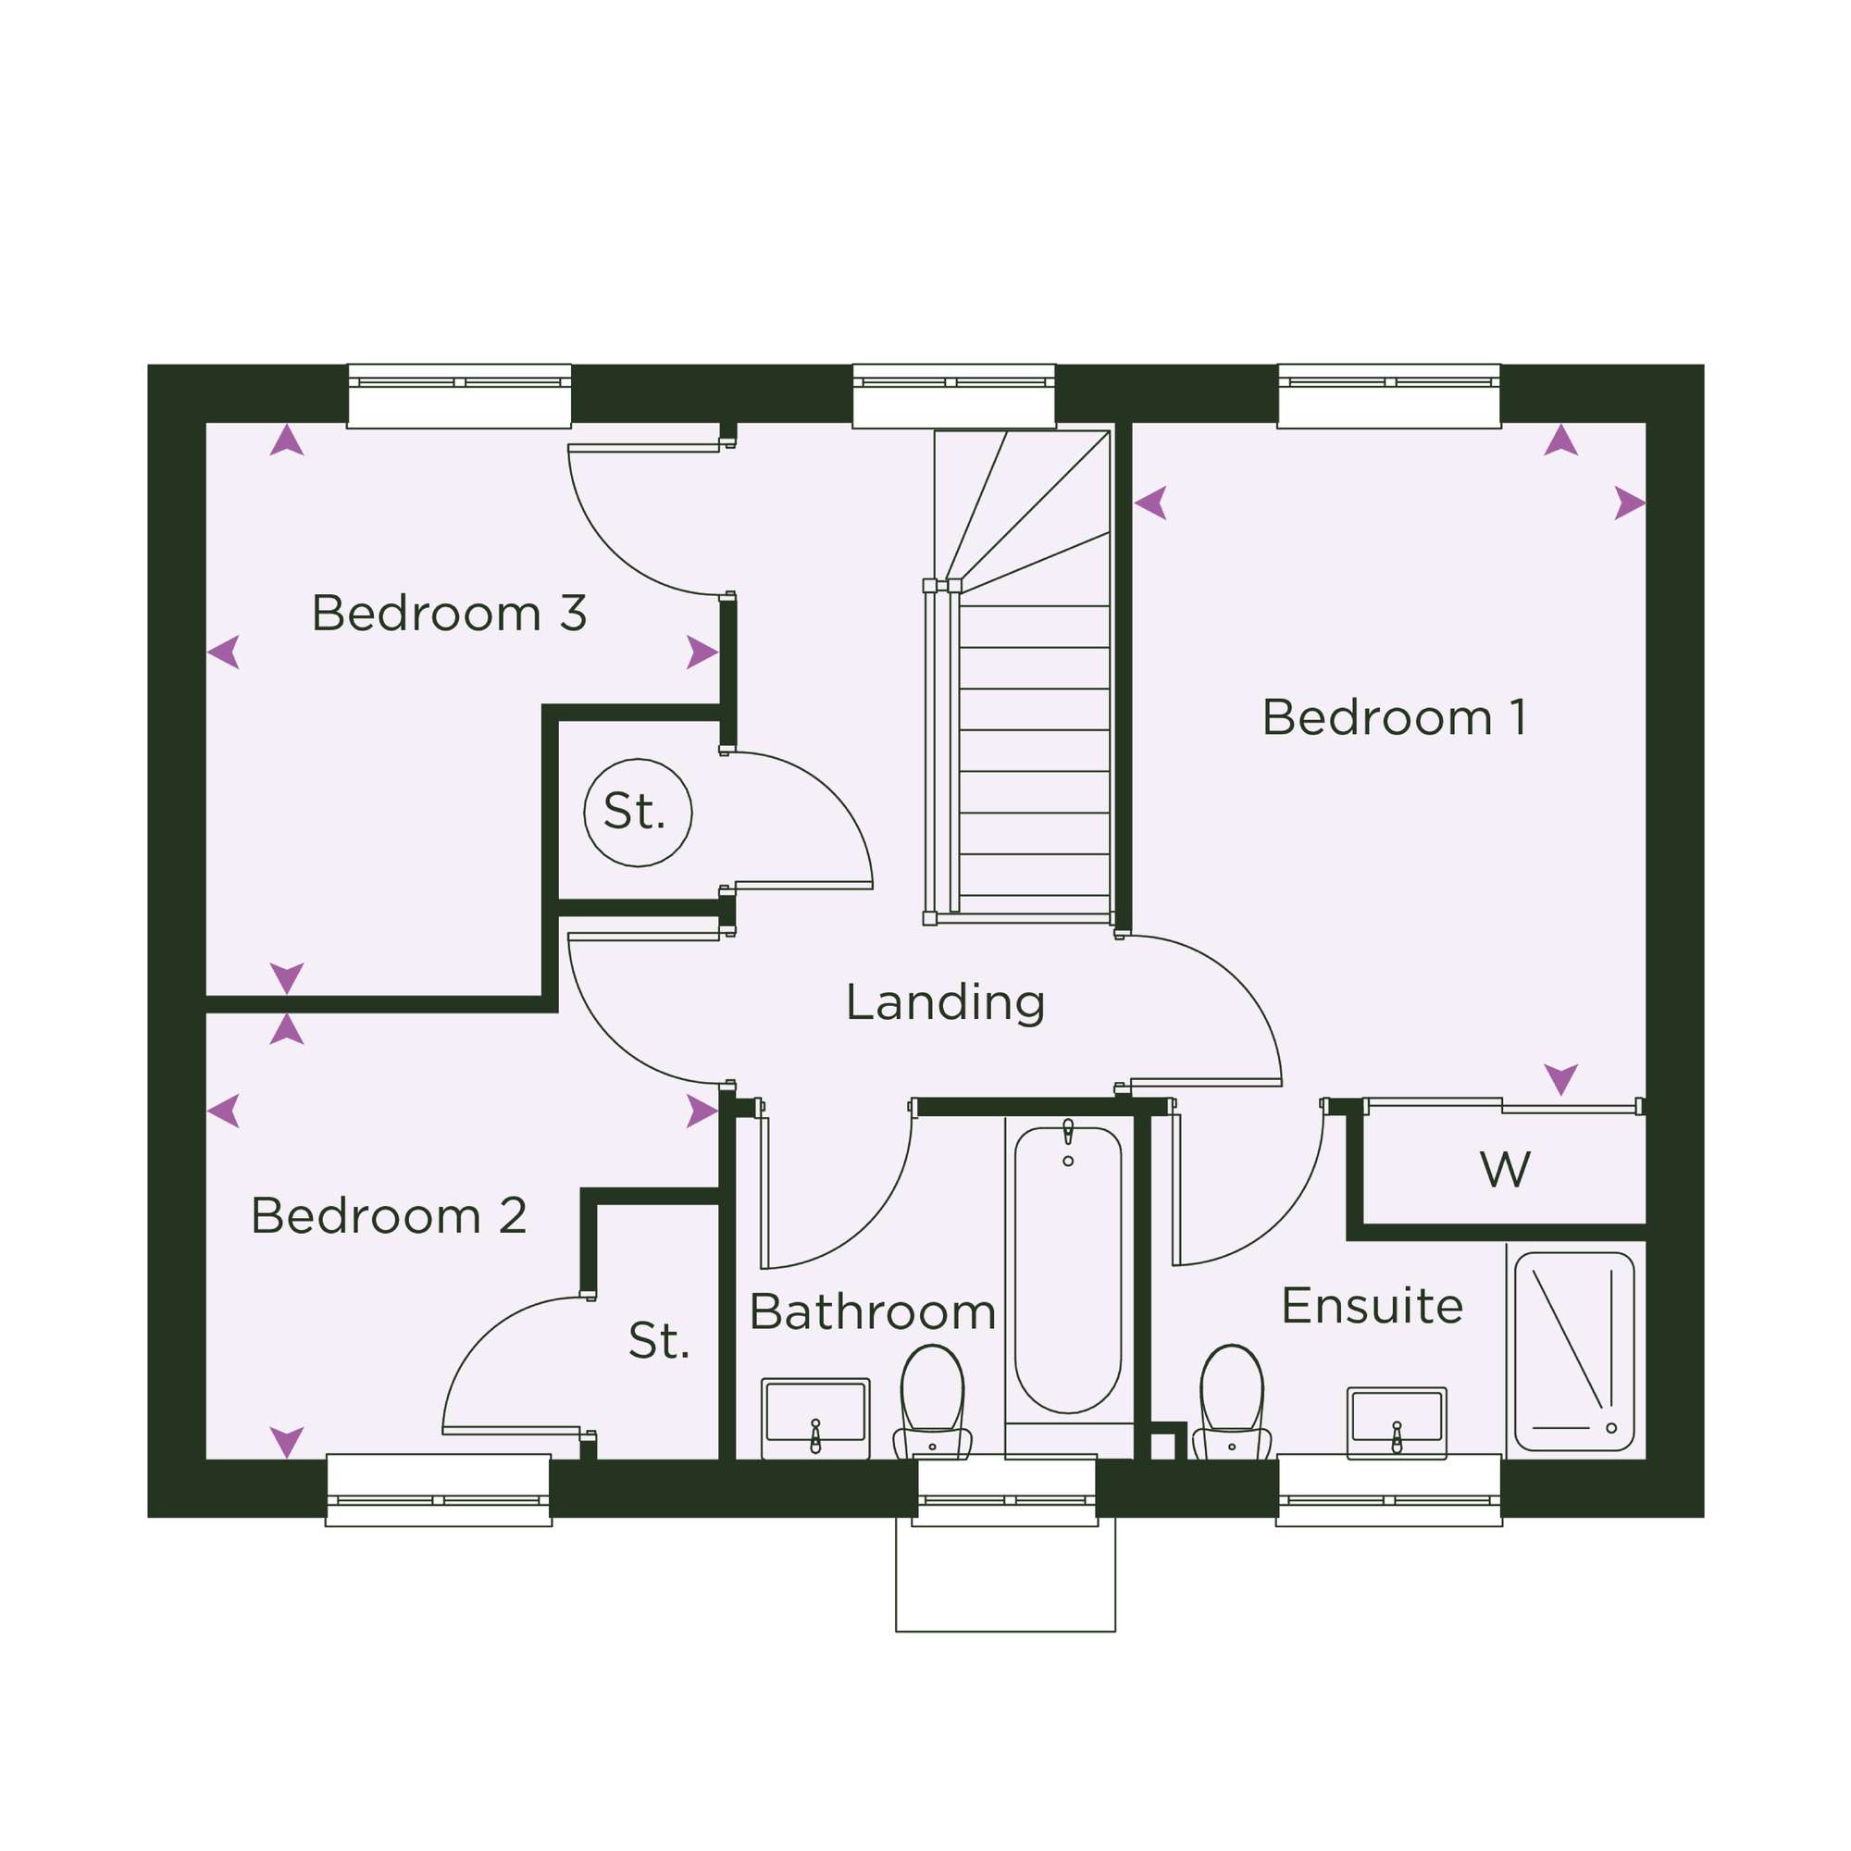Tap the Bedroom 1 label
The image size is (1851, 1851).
tap(1394, 717)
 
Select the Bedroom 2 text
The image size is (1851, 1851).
tap(389, 1216)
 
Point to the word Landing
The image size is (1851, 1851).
tap(945, 1003)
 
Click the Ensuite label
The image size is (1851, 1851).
tap(1372, 1306)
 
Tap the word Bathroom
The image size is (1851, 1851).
tap(873, 1311)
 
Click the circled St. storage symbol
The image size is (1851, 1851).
tap(638, 813)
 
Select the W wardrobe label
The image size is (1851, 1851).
tap(1505, 1169)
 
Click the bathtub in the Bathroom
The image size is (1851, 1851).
tap(1068, 1272)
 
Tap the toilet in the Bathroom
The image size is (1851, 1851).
tap(932, 1403)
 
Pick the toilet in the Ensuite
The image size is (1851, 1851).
tap(1232, 1403)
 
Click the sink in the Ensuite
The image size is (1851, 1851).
tap(1397, 1423)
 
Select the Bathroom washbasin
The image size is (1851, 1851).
tap(815, 1419)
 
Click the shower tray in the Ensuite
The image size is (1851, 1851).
tap(1574, 1352)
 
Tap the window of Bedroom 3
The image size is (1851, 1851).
tap(459, 396)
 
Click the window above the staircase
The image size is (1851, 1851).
tap(954, 396)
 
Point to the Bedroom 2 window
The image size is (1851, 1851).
tap(439, 1490)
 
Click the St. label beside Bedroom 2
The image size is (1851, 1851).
tap(659, 1340)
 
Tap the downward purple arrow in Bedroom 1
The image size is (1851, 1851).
tap(1560, 1079)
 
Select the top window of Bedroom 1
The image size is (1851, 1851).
tap(1389, 396)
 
